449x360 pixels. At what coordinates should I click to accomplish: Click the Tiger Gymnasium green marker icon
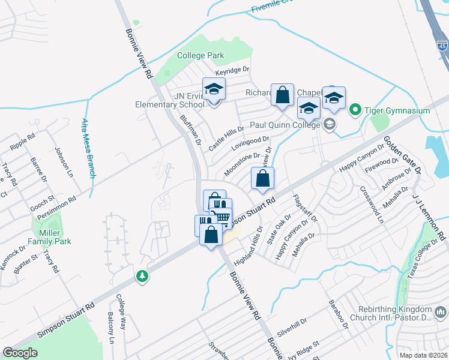click(355, 110)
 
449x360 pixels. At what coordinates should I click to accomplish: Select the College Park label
click(200, 56)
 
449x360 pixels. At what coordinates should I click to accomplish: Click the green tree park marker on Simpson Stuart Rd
click(142, 277)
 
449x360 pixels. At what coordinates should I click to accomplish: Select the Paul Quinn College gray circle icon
click(329, 125)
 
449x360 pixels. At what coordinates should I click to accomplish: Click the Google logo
click(20, 353)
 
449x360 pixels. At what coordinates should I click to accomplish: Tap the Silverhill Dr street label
click(293, 326)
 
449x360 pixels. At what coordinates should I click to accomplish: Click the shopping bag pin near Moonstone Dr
click(262, 179)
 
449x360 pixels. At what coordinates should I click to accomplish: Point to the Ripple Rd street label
click(22, 147)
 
